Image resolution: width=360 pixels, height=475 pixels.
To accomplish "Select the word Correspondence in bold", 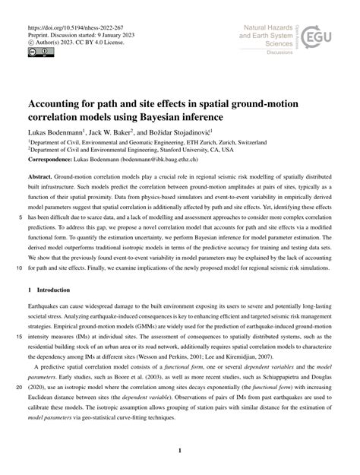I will click(x=53, y=160).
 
